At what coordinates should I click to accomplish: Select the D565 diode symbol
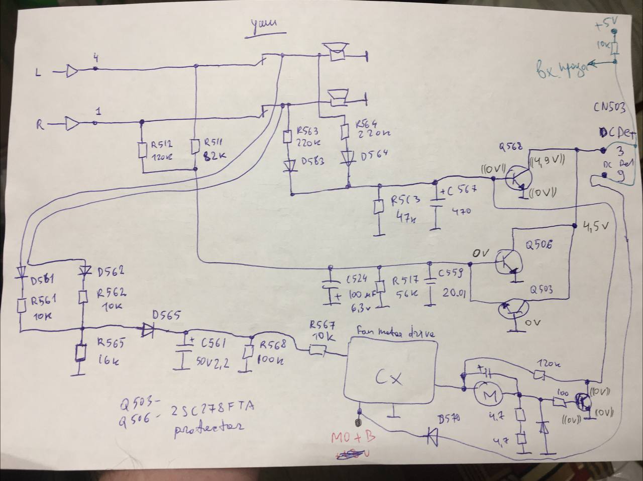pos(148,330)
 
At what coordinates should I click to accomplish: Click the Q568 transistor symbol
pos(516,180)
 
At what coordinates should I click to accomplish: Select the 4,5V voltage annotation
pos(596,227)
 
